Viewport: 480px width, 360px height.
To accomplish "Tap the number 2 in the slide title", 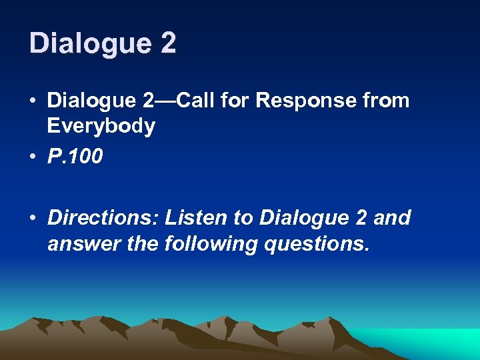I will [168, 43].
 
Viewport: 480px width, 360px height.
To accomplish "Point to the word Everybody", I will [101, 125].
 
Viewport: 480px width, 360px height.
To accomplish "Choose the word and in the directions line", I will [393, 218].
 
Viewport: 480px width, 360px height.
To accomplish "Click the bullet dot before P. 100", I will [33, 157].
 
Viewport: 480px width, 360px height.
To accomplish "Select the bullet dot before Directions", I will [33, 219].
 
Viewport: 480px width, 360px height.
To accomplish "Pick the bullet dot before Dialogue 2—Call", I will [33, 101].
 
